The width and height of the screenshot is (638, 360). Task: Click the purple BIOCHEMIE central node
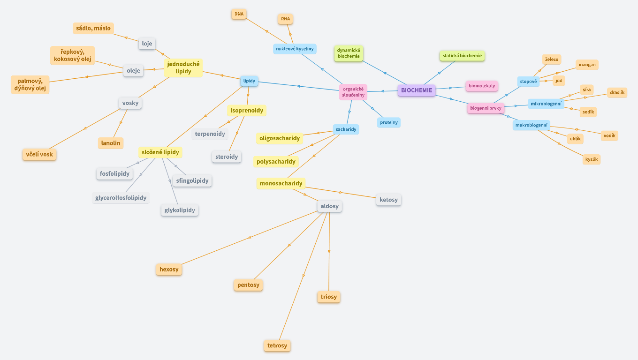[x=417, y=90]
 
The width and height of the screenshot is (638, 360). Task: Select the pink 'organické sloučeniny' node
[x=353, y=92]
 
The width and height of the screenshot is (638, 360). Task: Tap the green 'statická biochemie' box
[x=462, y=56]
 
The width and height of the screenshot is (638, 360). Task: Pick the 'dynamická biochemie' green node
[x=348, y=53]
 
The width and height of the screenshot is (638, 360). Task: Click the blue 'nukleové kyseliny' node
[x=294, y=48]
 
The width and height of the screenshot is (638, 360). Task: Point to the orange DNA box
[x=239, y=14]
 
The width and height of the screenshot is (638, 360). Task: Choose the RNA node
[x=285, y=19]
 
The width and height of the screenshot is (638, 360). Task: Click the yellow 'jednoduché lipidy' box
[x=183, y=67]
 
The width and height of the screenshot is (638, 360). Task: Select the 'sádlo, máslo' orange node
[x=93, y=28]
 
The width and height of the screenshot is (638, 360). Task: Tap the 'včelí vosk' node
[x=39, y=154]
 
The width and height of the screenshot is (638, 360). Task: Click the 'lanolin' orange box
[x=111, y=143]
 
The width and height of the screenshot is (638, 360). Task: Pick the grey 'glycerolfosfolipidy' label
[x=121, y=198]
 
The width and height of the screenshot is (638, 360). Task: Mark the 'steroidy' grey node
[x=227, y=157]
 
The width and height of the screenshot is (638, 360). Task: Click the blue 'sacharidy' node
[x=346, y=129]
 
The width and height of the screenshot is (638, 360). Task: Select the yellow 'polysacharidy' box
[x=276, y=162]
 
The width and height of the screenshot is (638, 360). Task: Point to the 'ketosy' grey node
[x=388, y=200]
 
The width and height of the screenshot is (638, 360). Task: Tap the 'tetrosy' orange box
[x=277, y=346]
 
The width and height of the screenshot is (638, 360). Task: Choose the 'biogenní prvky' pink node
[x=486, y=108]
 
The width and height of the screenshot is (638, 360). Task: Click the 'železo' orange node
[x=551, y=60]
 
